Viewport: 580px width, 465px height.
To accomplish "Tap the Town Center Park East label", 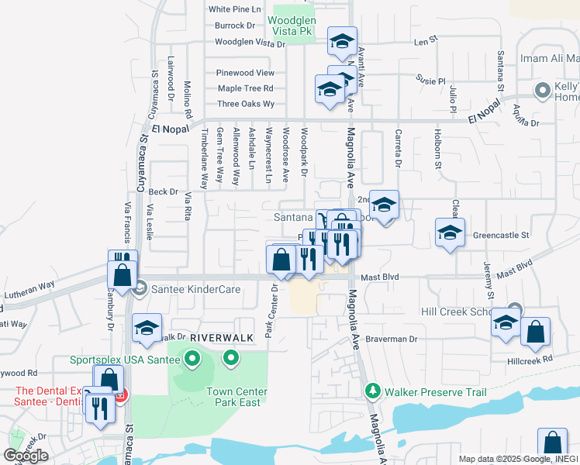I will (236, 397).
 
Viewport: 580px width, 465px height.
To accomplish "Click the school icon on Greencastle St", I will (450, 233).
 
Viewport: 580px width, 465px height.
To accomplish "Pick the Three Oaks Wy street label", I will (246, 103).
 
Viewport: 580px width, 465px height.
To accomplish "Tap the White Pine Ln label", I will (234, 9).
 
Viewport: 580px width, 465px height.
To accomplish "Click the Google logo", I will (26, 456).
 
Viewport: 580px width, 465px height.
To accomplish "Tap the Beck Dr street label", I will (163, 191).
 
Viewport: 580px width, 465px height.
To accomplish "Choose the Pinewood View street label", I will (245, 72).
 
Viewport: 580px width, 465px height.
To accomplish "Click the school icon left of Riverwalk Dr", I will (147, 328).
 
